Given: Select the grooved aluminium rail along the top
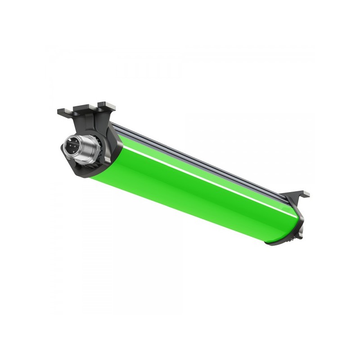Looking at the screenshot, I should pos(202,155).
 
